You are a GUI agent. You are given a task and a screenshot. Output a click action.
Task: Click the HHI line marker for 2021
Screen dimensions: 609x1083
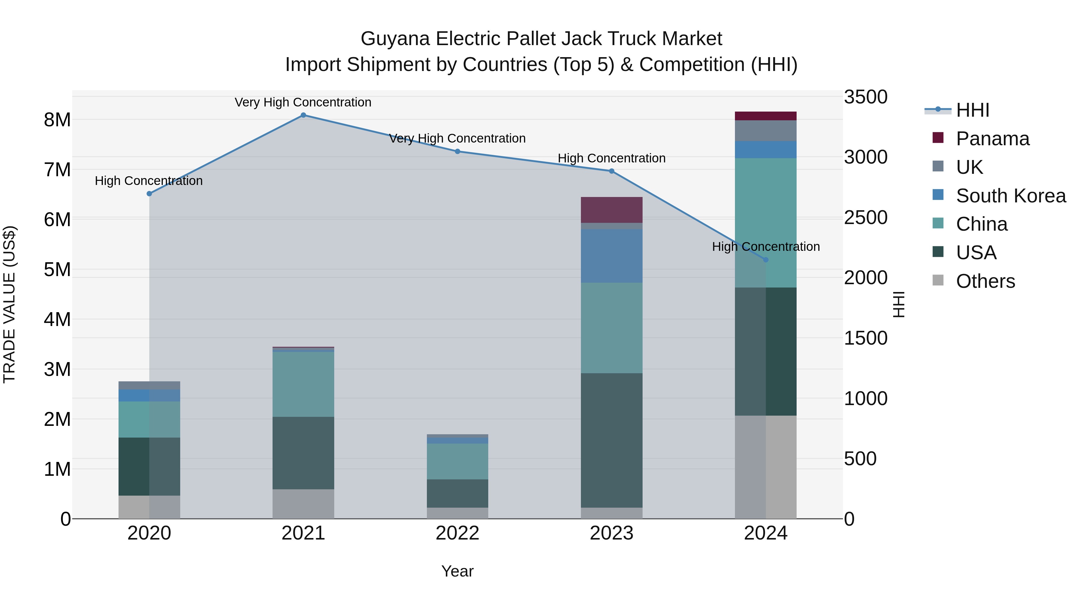coord(303,115)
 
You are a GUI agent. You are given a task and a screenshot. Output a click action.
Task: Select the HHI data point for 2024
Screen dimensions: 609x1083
coord(766,260)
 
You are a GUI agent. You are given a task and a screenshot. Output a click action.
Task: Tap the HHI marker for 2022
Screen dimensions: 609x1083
coord(457,151)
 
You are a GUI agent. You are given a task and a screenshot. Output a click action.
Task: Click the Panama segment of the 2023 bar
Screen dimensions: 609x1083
coord(611,210)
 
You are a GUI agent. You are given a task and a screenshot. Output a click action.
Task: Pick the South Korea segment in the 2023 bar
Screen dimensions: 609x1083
coord(611,256)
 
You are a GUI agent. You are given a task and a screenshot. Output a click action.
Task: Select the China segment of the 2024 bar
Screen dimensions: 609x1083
coord(766,223)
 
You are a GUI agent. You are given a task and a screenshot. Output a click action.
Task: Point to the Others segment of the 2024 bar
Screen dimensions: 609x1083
coord(766,466)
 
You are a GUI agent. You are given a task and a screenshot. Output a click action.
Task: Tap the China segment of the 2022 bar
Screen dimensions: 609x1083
coord(457,461)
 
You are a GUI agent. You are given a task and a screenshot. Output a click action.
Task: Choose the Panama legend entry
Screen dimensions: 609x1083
coord(992,139)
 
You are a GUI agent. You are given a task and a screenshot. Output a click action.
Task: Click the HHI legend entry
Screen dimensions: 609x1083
coord(972,110)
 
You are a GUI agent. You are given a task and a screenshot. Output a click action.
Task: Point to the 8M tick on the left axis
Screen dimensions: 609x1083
coord(57,120)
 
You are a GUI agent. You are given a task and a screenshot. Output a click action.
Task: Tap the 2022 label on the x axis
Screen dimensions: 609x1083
coord(457,533)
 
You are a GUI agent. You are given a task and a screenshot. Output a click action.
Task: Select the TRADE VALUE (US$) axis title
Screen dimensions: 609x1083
coord(9,304)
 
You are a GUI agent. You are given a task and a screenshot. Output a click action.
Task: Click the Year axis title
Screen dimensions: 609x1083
coord(457,571)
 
